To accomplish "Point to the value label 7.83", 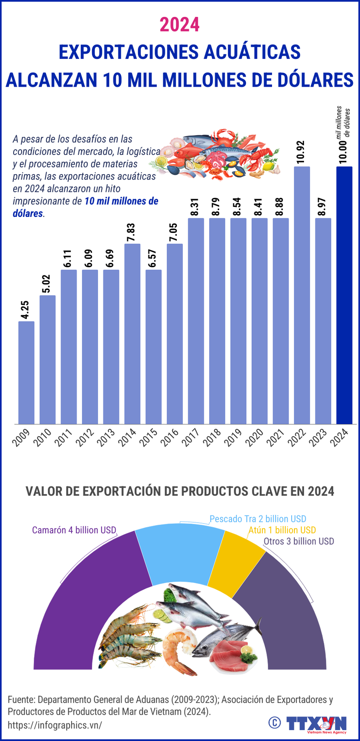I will click(132, 232).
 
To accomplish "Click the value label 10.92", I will click(302, 153).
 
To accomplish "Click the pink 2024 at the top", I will click(180, 25).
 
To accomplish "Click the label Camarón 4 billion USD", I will click(74, 530).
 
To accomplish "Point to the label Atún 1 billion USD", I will click(282, 530).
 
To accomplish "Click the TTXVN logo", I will click(316, 723).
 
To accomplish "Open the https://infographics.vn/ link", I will click(55, 725).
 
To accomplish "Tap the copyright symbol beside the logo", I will click(274, 722).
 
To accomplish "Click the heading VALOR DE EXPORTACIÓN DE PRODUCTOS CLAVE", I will click(180, 491).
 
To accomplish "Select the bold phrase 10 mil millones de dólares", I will click(121, 201).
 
